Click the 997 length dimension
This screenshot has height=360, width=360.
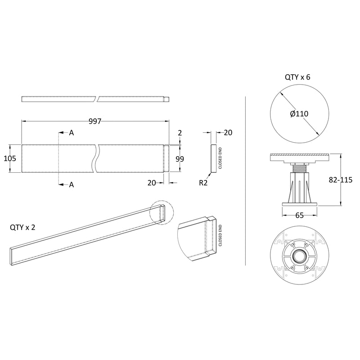(x=95, y=121)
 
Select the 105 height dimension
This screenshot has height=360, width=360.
(x=10, y=158)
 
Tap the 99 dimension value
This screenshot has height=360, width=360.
(x=180, y=159)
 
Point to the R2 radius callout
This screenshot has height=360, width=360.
(x=203, y=183)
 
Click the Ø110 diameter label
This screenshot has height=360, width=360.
(x=299, y=114)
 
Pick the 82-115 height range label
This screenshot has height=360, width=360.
(x=341, y=180)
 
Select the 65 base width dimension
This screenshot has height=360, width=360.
(x=299, y=216)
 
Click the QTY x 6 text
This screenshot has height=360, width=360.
(x=297, y=77)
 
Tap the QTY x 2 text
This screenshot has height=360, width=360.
(x=22, y=227)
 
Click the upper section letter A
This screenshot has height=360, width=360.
(x=72, y=133)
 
